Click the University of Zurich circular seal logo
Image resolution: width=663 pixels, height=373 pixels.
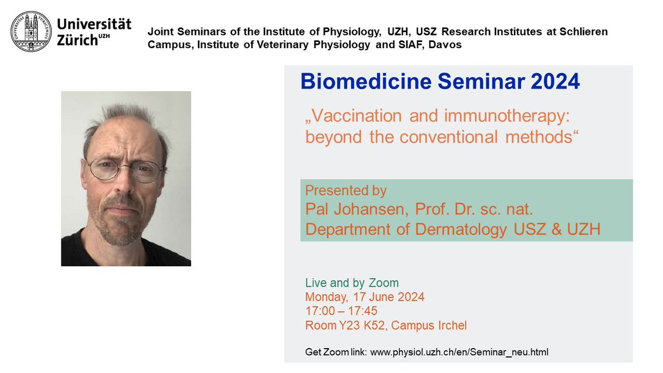31,31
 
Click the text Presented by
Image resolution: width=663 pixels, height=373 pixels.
346,191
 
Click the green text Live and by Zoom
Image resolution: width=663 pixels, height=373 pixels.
352,283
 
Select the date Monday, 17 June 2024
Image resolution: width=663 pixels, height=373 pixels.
365,297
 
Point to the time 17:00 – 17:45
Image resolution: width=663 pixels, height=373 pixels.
341,311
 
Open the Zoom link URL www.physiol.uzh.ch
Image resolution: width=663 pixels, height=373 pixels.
459,351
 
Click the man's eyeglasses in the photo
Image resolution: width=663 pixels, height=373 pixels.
126,170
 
